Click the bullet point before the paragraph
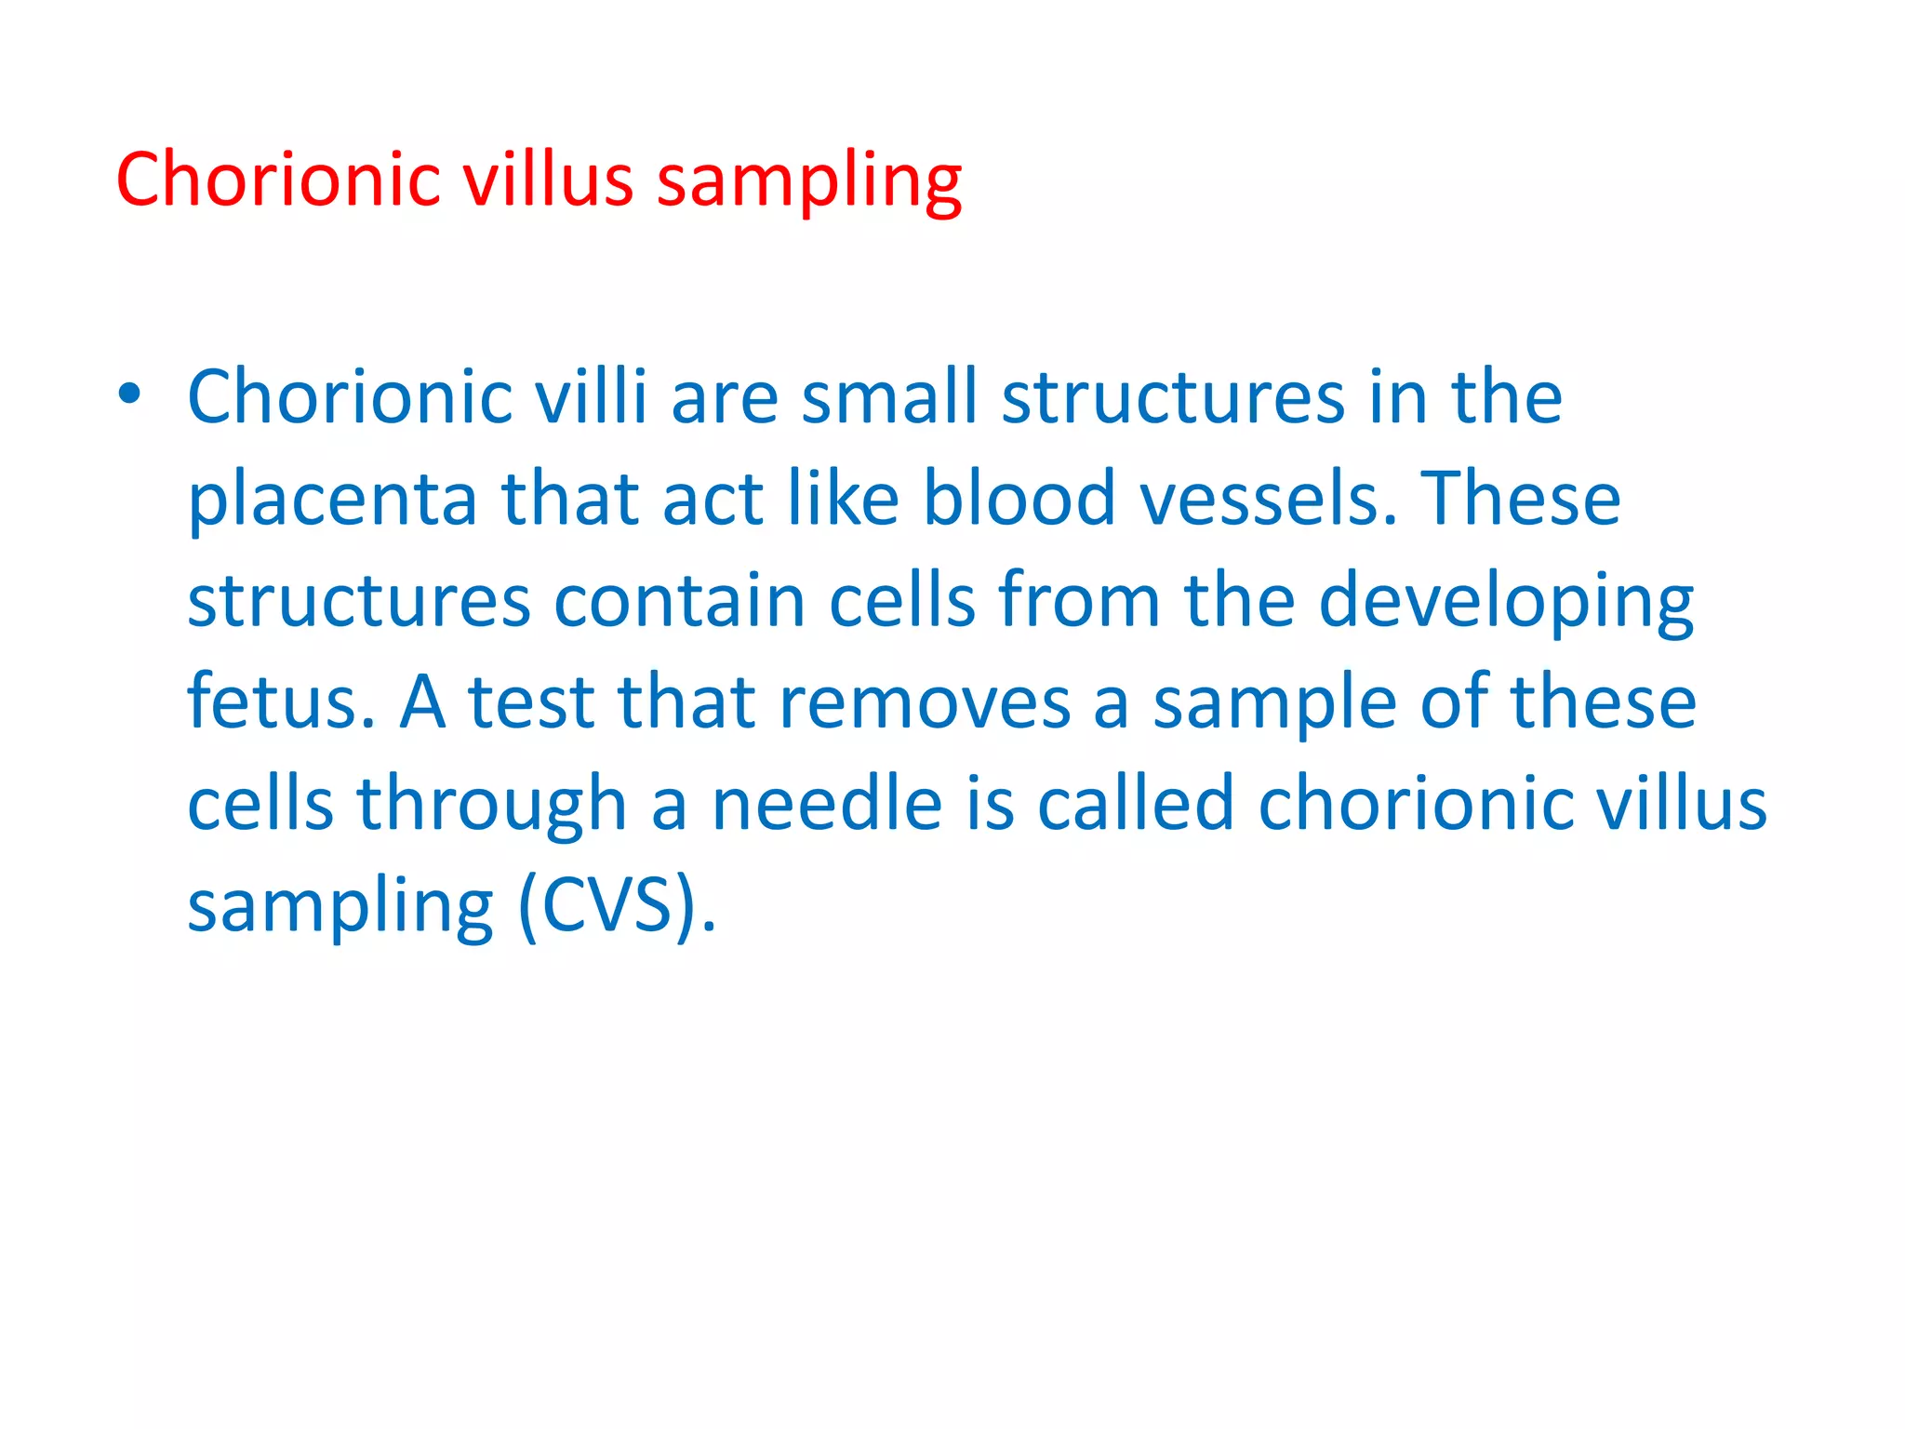(129, 394)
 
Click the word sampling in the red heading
(808, 180)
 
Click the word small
(889, 396)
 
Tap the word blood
(1019, 499)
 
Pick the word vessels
(1269, 499)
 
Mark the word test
(531, 701)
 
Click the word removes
(925, 701)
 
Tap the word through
(492, 804)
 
